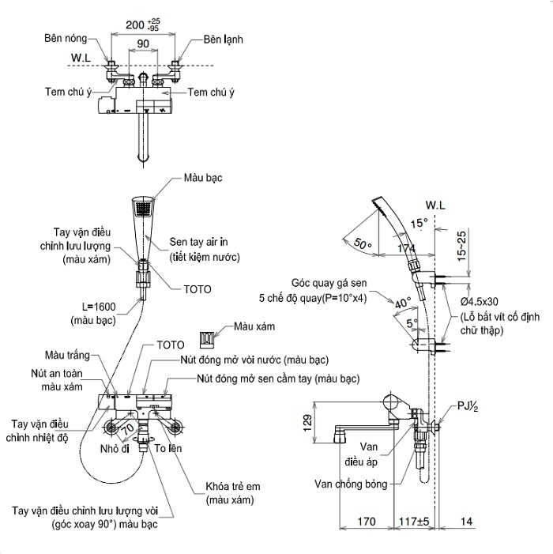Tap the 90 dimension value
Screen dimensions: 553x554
(x=143, y=43)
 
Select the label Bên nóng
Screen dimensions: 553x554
(x=66, y=38)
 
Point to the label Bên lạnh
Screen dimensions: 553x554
(x=224, y=40)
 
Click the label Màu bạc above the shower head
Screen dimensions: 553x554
(x=203, y=177)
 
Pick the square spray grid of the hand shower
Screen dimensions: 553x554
(x=144, y=209)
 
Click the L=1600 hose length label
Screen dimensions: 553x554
(x=99, y=307)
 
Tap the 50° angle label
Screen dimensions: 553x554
(x=363, y=243)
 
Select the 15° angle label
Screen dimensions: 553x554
(x=419, y=224)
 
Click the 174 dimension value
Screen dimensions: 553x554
(x=406, y=248)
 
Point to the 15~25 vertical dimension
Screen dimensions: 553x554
(x=462, y=247)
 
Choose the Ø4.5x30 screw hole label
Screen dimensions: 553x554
(x=480, y=301)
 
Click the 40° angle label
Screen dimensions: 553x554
(x=403, y=303)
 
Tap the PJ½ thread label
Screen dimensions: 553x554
(x=468, y=405)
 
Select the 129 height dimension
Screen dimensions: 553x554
(x=307, y=423)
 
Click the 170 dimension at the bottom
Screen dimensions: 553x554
(x=367, y=522)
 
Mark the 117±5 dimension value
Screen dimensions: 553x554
(x=414, y=522)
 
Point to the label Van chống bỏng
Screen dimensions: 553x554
(x=351, y=484)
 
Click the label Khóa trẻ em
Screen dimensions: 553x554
(x=233, y=487)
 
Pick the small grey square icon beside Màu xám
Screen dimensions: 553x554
(x=206, y=337)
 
